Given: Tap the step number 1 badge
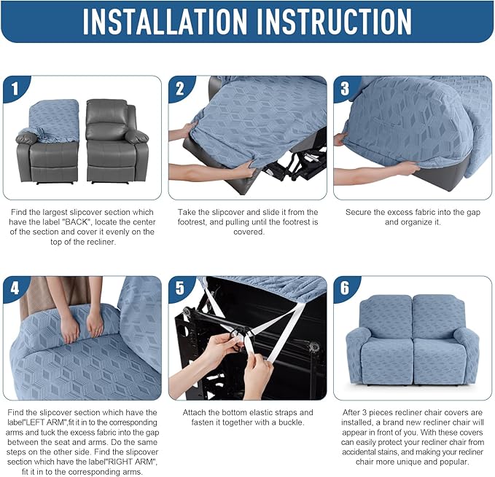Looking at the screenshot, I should pos(15,90).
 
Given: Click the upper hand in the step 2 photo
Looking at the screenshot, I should pos(182,133).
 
